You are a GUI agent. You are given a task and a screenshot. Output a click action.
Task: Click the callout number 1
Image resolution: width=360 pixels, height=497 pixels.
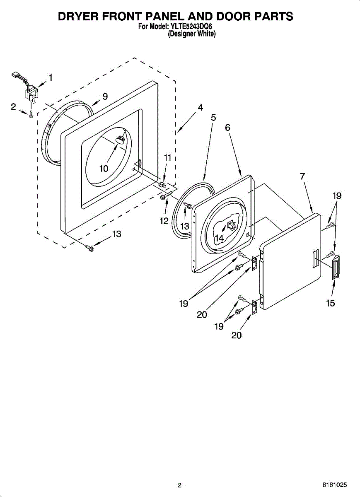tap(51, 77)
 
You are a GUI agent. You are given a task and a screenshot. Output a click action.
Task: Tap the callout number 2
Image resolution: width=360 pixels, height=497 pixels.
tap(13, 107)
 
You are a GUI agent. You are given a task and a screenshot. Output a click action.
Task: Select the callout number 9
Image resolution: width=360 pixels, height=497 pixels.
tap(105, 97)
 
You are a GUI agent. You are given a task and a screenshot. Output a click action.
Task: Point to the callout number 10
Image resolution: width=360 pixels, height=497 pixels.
tap(104, 169)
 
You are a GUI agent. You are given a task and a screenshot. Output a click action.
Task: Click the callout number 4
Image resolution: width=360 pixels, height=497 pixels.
tap(200, 108)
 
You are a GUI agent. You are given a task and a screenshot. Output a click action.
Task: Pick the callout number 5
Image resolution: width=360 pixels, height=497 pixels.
tap(213, 118)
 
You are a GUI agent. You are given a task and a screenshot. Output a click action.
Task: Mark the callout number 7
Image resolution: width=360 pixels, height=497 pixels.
tap(302, 176)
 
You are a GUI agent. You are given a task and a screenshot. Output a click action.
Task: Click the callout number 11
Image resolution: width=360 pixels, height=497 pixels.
tap(167, 158)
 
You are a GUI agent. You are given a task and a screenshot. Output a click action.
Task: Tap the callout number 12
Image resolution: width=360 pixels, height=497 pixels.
tap(164, 221)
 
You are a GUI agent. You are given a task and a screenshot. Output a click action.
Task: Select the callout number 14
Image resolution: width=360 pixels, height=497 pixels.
tap(219, 238)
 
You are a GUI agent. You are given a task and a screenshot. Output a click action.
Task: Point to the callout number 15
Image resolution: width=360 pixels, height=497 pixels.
tap(330, 303)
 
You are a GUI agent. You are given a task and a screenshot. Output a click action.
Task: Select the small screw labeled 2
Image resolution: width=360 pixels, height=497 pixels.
tap(31, 113)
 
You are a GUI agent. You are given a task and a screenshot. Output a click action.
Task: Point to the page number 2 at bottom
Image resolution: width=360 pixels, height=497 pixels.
tap(180, 485)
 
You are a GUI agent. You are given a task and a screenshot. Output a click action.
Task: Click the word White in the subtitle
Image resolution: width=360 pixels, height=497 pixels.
tap(206, 34)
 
